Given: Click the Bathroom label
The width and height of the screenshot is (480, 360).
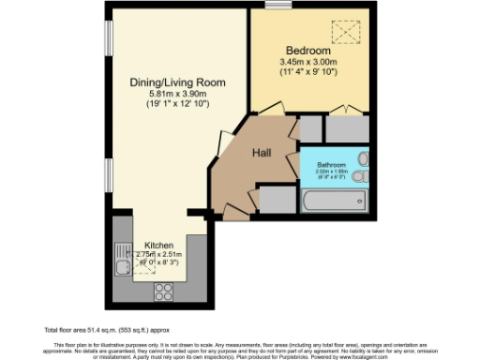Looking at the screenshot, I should (331, 163).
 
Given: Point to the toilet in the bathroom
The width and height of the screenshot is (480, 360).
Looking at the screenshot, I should (364, 175).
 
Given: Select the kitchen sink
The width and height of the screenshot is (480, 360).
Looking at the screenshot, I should (121, 269).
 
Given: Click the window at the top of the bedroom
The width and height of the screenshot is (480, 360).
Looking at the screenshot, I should (277, 6).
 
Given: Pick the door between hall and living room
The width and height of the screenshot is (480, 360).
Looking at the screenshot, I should (224, 142).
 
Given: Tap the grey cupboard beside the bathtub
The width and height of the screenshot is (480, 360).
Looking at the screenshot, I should (277, 199).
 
